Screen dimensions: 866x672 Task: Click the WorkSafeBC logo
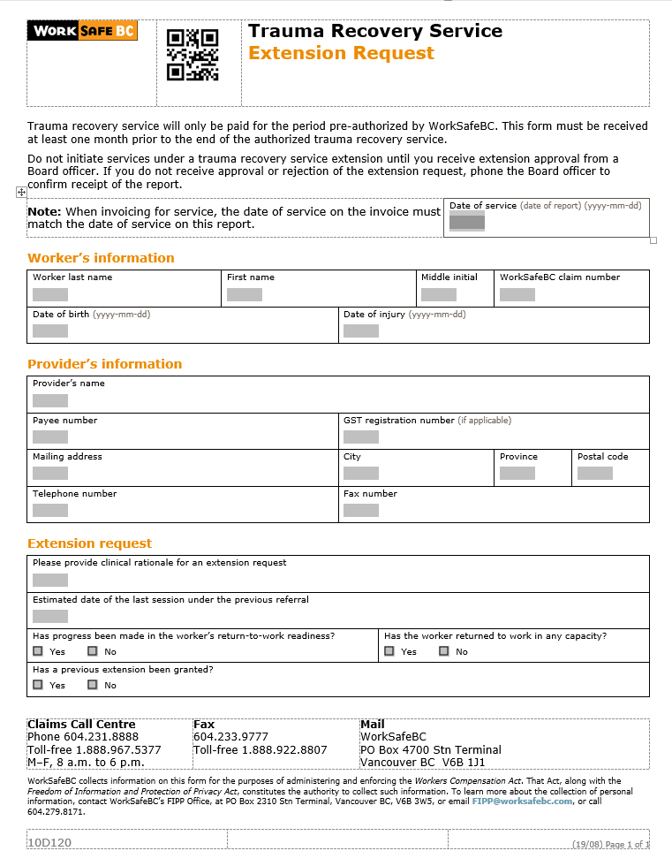pos(83,32)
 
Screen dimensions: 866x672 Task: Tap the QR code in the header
pos(193,55)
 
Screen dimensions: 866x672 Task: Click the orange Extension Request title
pos(341,53)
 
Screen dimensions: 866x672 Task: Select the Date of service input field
pos(467,222)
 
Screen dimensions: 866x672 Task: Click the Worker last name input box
pos(50,294)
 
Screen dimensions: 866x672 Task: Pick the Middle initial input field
pos(439,294)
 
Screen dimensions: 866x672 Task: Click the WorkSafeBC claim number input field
pos(517,294)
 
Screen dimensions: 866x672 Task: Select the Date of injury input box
pos(361,330)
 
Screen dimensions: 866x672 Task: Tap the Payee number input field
pos(50,437)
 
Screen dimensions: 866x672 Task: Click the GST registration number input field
pos(361,437)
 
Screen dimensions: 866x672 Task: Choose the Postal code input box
pos(595,473)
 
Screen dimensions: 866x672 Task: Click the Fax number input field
pos(361,510)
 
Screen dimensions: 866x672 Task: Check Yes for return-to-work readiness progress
pos(38,651)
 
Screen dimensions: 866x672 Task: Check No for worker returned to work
pos(444,651)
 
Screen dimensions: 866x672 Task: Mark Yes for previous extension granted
pos(38,685)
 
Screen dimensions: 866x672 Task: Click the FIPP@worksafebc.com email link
pos(523,801)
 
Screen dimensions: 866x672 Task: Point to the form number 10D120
pos(49,843)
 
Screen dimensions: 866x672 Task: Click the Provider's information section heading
pos(104,364)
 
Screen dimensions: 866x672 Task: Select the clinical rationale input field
pos(50,580)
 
